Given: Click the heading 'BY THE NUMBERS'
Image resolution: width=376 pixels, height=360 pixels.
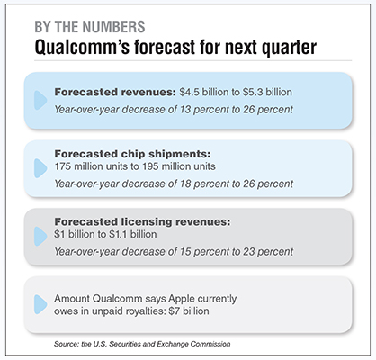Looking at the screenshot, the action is click(90, 27).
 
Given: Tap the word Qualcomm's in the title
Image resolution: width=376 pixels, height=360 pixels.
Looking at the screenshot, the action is click(82, 48).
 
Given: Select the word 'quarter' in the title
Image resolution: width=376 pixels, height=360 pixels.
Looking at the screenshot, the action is click(289, 48).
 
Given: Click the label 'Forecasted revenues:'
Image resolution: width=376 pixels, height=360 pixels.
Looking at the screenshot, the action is click(115, 92).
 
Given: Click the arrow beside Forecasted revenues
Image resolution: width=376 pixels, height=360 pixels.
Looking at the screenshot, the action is click(40, 100).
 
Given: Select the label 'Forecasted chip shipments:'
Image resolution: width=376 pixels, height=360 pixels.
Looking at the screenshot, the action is click(132, 154).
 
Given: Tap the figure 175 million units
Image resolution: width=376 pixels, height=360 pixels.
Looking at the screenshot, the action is click(91, 166).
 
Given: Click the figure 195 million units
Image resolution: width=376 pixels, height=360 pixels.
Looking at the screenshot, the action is click(178, 166).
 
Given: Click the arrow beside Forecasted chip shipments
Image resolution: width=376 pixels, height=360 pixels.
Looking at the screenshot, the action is click(40, 168).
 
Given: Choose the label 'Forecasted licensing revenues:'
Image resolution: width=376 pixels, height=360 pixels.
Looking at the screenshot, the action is click(142, 221).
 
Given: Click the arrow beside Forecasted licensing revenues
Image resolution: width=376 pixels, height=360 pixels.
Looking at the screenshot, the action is click(40, 237).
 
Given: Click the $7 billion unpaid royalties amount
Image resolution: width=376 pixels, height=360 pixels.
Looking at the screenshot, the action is click(189, 311).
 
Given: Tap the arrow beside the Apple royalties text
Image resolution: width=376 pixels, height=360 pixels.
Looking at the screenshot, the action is click(40, 304).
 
